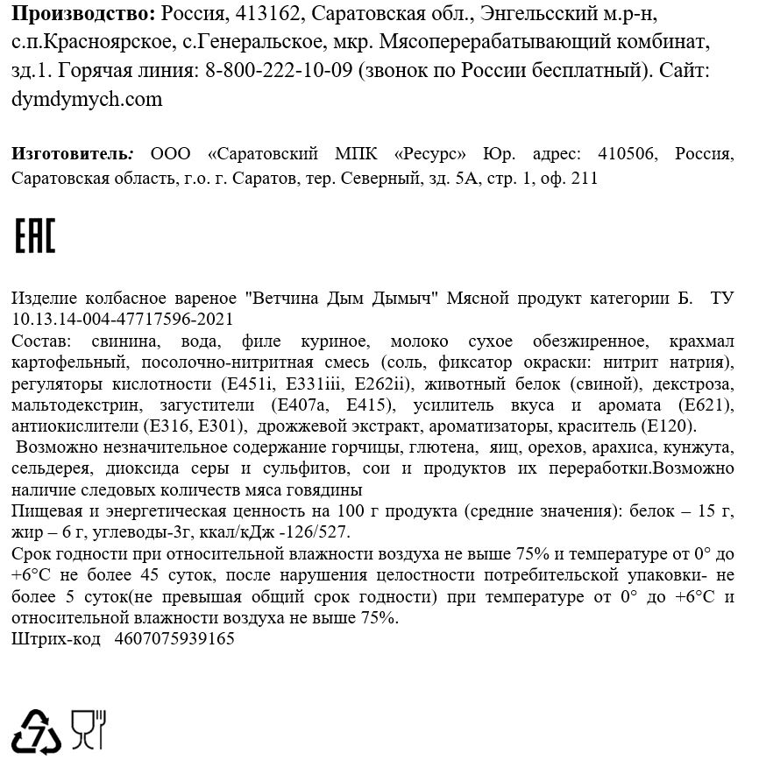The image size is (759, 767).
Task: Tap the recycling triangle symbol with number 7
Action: (36, 731)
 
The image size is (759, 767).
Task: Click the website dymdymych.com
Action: (88, 99)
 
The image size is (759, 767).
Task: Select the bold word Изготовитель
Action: (70, 155)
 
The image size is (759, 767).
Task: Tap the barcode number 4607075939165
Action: (174, 639)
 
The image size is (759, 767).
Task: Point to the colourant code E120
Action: (667, 426)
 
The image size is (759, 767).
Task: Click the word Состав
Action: (40, 341)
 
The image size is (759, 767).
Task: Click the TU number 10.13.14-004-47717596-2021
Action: (124, 320)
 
